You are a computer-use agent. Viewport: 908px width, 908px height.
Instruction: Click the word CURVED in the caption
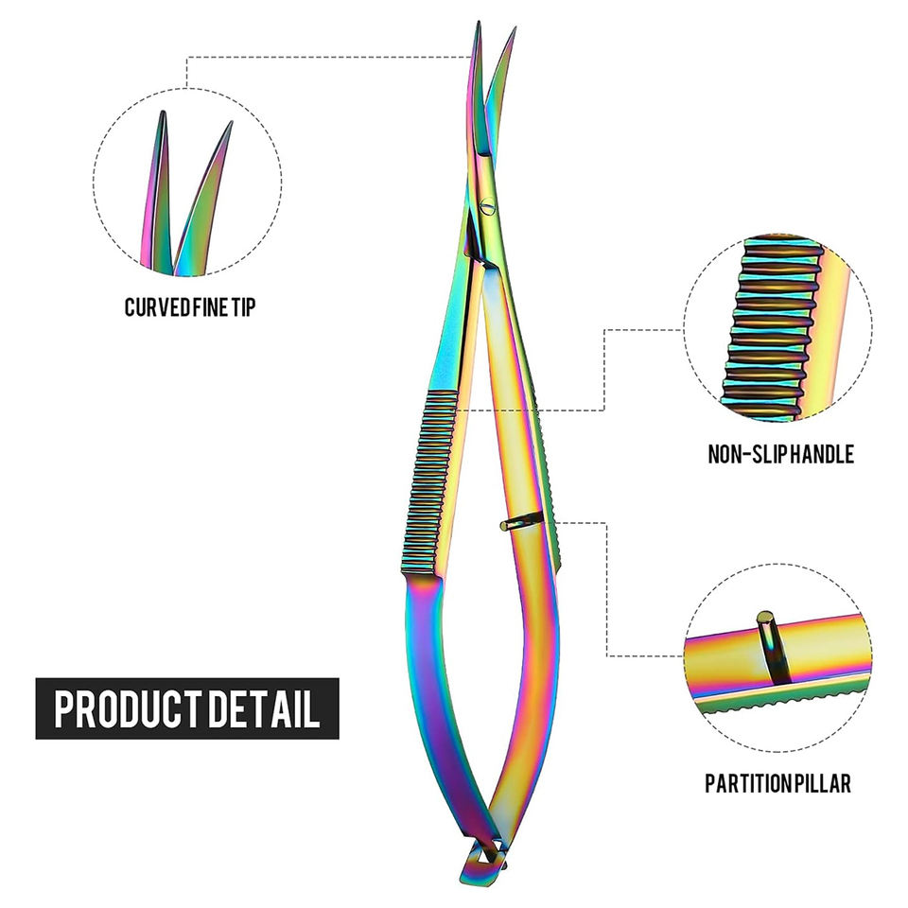pyautogui.click(x=156, y=307)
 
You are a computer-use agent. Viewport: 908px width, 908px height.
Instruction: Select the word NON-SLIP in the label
pyautogui.click(x=746, y=455)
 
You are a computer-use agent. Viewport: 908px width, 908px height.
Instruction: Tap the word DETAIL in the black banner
pyautogui.click(x=264, y=708)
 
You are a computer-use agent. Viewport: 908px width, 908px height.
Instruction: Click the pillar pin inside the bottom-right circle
pyautogui.click(x=768, y=643)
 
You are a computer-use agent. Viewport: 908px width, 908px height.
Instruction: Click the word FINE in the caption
pyautogui.click(x=209, y=307)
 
